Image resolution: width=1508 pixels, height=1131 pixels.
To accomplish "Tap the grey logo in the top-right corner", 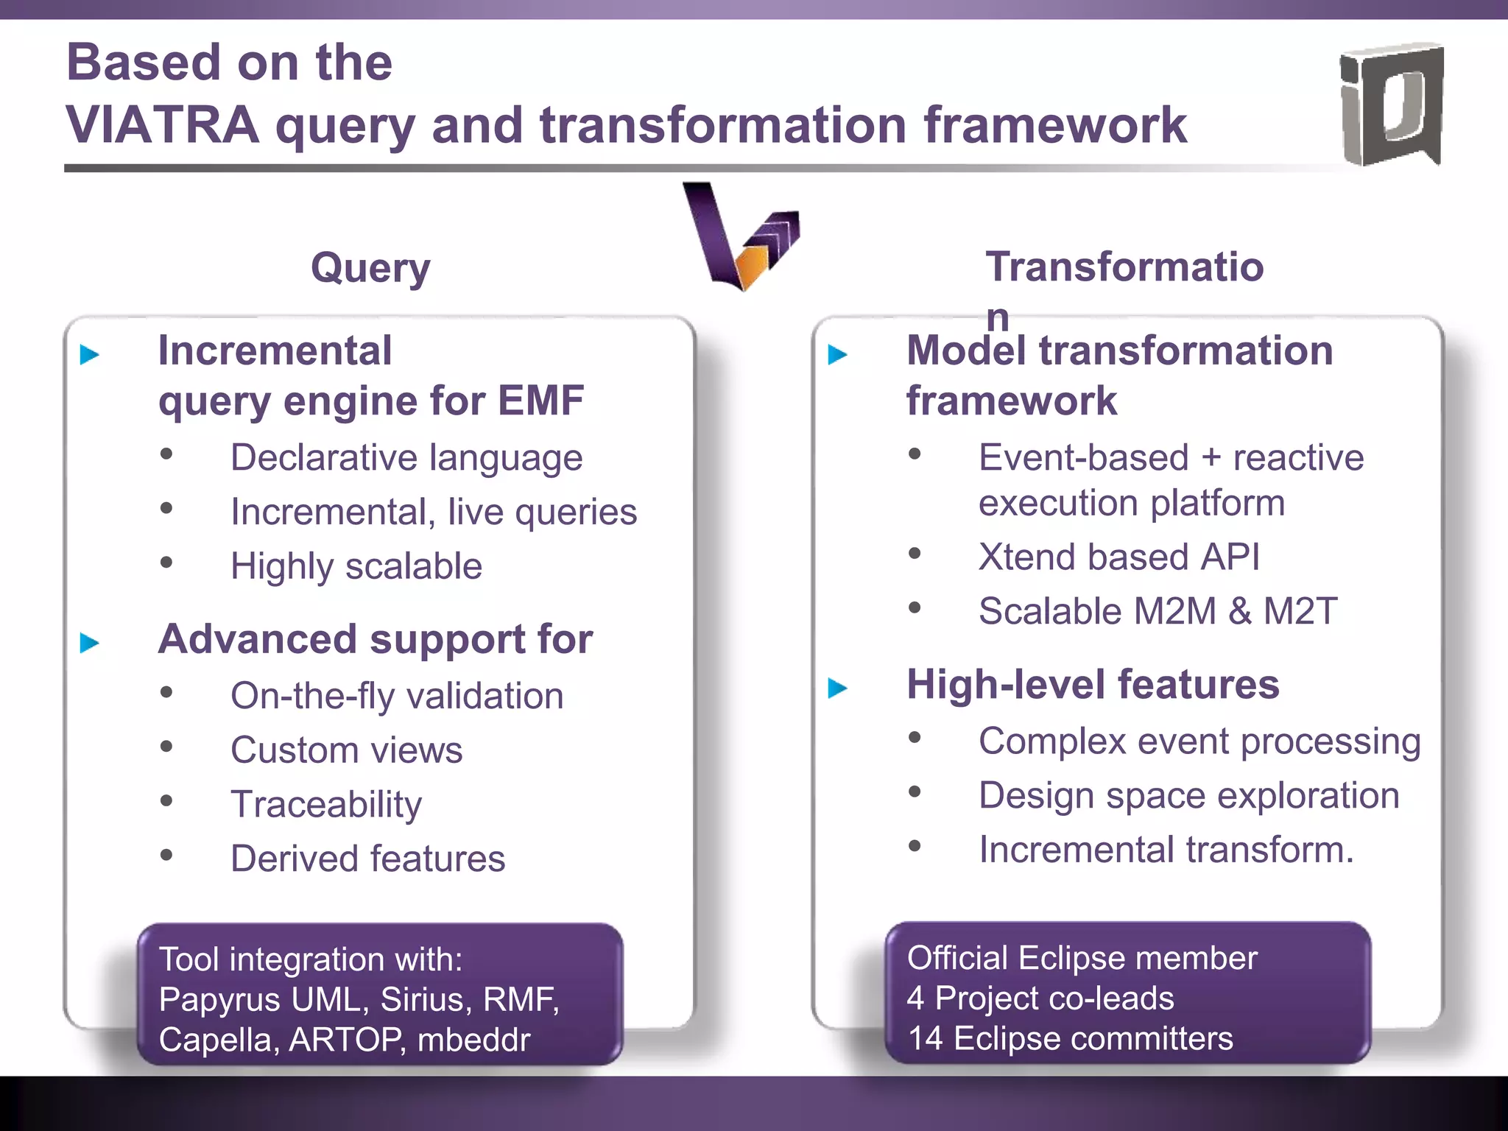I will tap(1391, 104).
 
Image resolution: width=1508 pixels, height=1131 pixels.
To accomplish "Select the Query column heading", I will tap(370, 267).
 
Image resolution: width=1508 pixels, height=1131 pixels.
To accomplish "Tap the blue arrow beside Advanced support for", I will tap(90, 643).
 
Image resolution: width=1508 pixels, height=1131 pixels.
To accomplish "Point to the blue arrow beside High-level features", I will tap(838, 688).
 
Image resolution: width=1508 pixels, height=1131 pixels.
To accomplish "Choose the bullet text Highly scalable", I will tap(356, 566).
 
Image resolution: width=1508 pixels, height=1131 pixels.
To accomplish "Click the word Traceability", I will tap(326, 804).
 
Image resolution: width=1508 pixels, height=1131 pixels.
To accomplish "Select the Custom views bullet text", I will tap(346, 750).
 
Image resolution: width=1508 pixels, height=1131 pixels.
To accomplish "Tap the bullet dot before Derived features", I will tap(166, 855).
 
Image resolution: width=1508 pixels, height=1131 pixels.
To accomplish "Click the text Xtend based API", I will tap(1118, 557).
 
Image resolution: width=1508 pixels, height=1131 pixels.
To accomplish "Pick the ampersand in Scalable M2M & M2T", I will tap(1239, 611).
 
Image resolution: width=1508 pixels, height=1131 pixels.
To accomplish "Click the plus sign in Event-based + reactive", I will tap(1211, 458).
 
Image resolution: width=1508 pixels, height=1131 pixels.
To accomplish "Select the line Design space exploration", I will tap(1188, 795).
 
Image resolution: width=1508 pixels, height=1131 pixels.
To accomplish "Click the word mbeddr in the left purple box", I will tap(473, 1040).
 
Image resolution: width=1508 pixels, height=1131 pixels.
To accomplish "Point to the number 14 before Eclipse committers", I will tap(925, 1039).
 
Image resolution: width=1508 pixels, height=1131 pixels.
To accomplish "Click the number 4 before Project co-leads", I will tap(915, 998).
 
